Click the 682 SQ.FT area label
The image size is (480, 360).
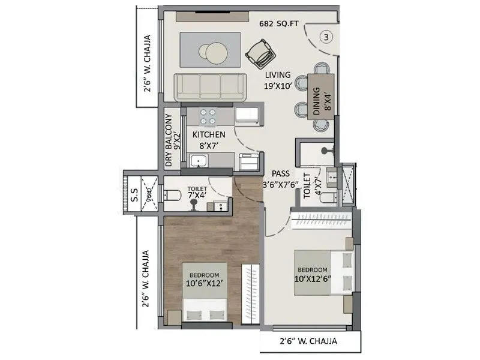pyautogui.click(x=279, y=25)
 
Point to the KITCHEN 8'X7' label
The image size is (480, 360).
pyautogui.click(x=208, y=140)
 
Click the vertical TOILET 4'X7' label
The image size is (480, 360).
pyautogui.click(x=313, y=186)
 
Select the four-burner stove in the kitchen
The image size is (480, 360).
pyautogui.click(x=208, y=115)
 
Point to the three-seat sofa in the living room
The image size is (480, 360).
pyautogui.click(x=209, y=87)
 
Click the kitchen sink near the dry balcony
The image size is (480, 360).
pyautogui.click(x=198, y=160)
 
